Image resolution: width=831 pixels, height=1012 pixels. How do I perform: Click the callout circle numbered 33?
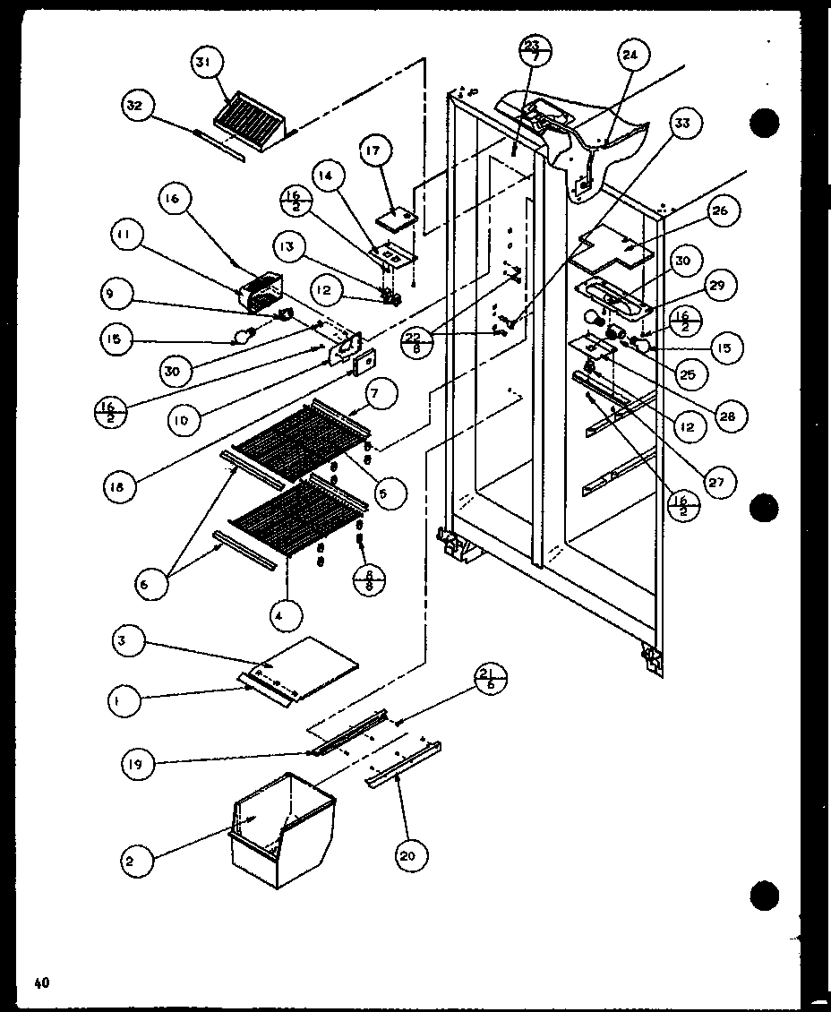point(683,123)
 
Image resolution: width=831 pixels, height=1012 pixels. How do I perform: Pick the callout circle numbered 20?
point(407,856)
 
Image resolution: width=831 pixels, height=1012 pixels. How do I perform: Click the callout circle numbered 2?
point(132,862)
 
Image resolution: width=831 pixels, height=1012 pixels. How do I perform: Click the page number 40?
point(41,982)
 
